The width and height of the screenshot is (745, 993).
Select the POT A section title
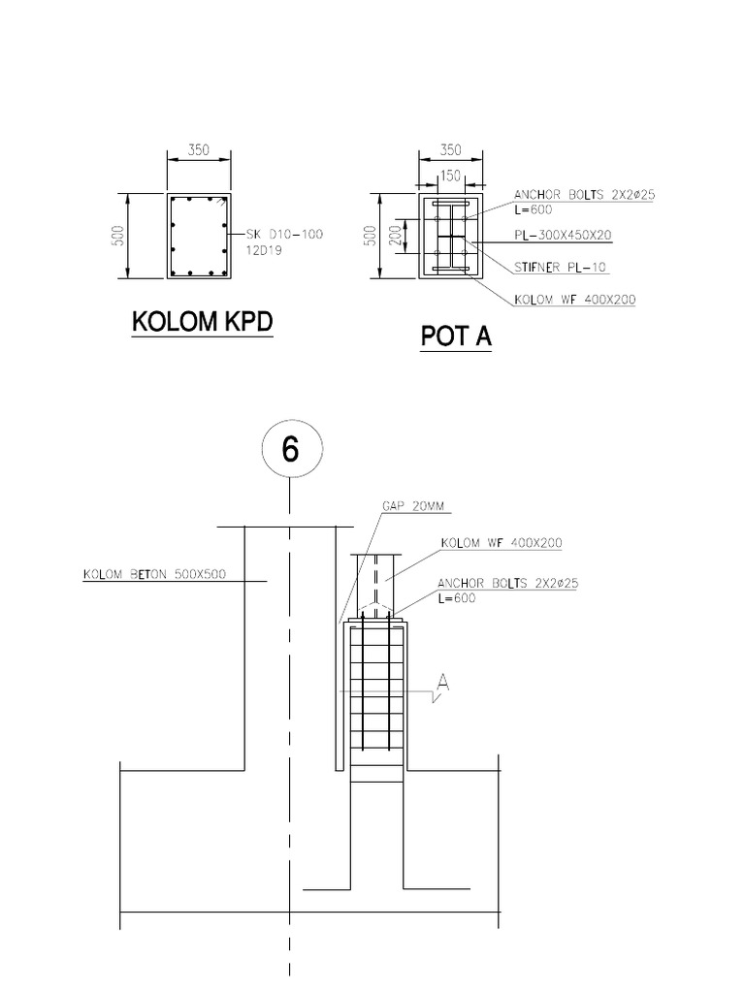pos(456,336)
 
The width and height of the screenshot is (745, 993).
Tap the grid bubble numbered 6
pos(290,450)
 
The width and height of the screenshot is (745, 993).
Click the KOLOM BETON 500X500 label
pos(154,574)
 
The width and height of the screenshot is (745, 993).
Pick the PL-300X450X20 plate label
pos(563,236)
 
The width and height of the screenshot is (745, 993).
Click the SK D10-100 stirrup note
pos(283,235)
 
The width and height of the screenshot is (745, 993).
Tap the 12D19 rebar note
pos(263,250)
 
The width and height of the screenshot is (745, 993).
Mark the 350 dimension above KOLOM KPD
pos(198,151)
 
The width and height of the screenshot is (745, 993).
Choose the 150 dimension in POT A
pos(448,176)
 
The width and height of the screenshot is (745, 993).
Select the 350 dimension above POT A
pos(450,151)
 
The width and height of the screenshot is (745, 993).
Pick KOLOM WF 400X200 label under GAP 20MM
pos(502,542)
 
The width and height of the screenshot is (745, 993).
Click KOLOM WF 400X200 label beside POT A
pos(575,300)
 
